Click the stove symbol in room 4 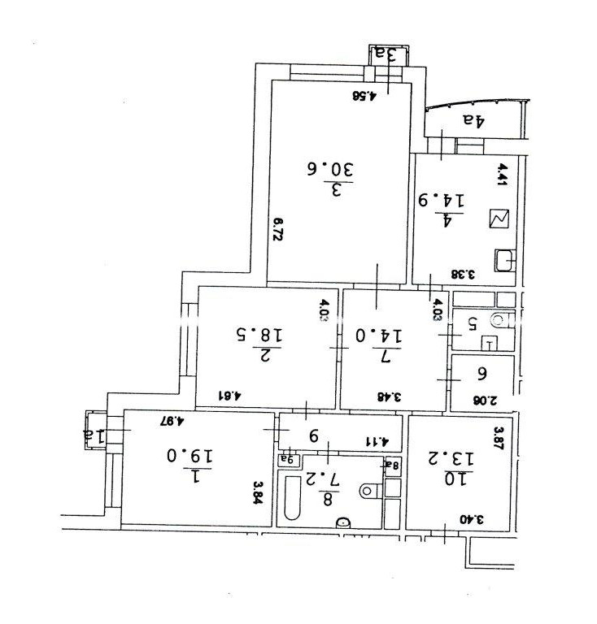(497, 218)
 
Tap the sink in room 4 (504, 260)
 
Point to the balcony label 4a (475, 121)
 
